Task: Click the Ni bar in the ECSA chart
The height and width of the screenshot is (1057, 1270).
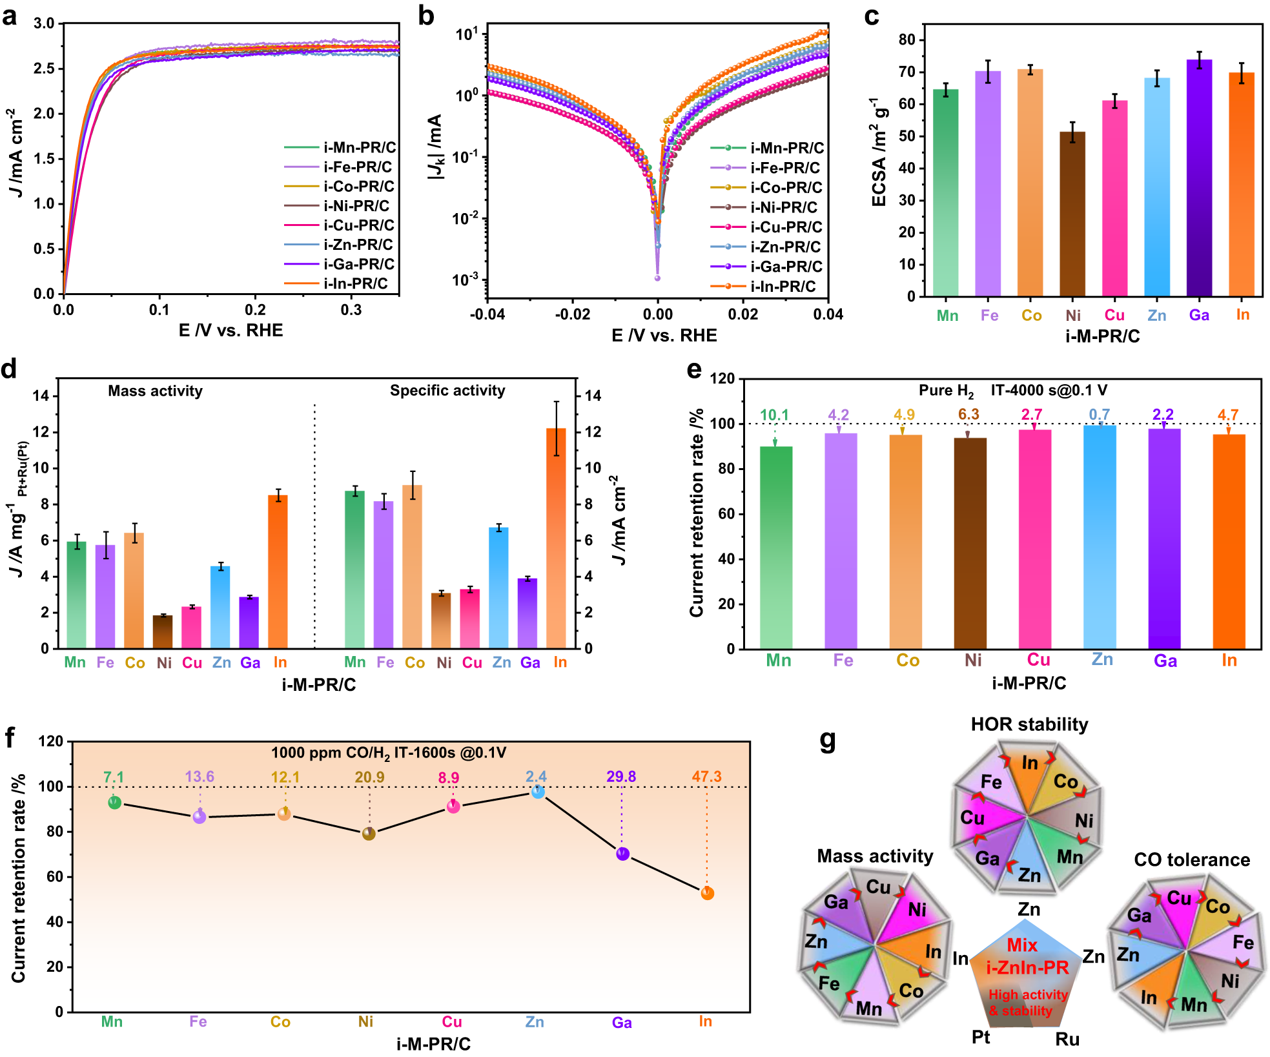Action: point(1072,213)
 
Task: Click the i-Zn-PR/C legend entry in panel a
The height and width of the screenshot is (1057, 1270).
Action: point(358,245)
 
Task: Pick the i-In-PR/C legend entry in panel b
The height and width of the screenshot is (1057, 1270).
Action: point(783,286)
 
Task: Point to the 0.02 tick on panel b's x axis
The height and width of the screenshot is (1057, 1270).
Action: point(743,314)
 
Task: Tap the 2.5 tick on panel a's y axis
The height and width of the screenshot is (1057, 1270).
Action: point(44,68)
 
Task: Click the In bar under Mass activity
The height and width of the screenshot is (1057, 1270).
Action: point(278,571)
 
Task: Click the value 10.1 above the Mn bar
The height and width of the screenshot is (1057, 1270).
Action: point(774,415)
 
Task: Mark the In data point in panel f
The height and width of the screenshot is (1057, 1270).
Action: point(707,894)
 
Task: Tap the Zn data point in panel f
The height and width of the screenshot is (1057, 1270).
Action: point(538,792)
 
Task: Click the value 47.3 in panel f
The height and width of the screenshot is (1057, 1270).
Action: point(706,776)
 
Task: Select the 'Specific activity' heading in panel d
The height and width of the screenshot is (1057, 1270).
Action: point(447,391)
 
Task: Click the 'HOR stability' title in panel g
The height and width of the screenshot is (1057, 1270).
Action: point(1029,724)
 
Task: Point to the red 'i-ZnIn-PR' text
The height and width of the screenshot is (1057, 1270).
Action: point(1027,968)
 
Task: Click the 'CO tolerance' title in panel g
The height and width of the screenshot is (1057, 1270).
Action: point(1192,860)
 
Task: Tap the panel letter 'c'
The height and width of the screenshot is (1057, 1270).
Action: point(872,15)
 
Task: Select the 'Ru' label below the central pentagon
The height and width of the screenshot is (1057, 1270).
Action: point(1067,1039)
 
